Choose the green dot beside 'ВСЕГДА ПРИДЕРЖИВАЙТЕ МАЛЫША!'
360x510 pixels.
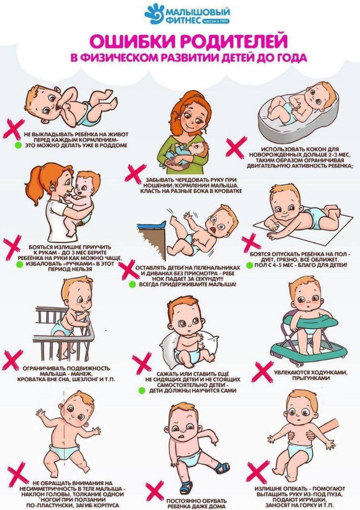tap(132, 284)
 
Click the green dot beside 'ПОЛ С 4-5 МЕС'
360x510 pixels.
tap(250, 265)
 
